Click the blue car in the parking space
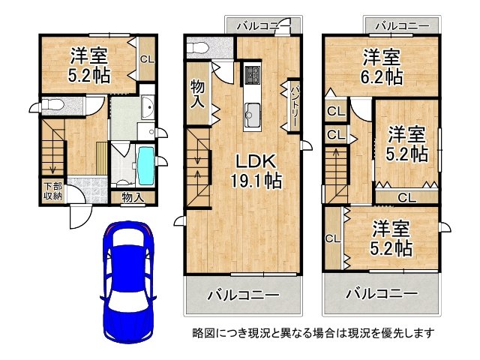128,282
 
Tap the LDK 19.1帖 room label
256,171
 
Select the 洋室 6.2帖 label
382,67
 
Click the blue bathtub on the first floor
146,165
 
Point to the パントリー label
293,106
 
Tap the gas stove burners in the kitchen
253,73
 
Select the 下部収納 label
53,191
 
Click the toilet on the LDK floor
198,48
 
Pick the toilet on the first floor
52,105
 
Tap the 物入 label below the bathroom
133,197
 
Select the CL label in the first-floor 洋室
147,59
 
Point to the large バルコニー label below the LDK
244,295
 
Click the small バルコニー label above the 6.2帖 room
402,26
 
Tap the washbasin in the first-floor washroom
148,107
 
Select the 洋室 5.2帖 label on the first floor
89,65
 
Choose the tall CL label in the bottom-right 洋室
333,238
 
